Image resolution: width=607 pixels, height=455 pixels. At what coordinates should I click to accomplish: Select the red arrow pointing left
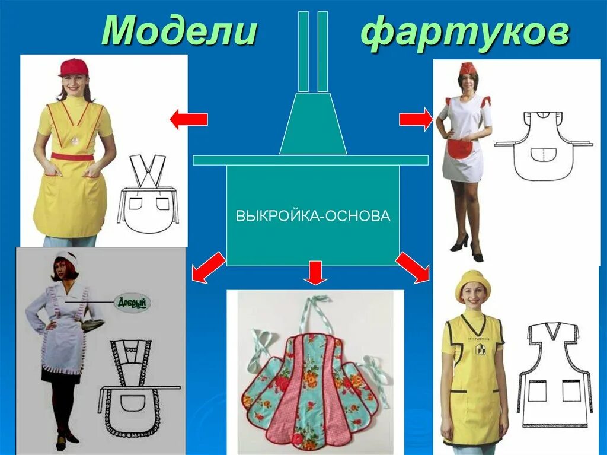(189, 120)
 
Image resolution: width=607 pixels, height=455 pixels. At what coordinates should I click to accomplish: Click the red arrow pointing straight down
(315, 272)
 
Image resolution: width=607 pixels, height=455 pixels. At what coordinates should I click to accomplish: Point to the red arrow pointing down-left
(208, 266)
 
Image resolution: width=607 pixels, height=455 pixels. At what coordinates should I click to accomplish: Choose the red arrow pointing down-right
(413, 266)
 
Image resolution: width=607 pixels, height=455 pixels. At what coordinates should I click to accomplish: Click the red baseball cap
(73, 67)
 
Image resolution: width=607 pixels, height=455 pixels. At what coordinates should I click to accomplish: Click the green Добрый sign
(131, 303)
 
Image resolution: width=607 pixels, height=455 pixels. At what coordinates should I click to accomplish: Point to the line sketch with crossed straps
(148, 196)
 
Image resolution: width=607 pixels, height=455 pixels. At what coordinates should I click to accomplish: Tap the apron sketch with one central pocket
(543, 146)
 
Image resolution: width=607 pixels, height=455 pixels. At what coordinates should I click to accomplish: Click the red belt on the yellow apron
(72, 157)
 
